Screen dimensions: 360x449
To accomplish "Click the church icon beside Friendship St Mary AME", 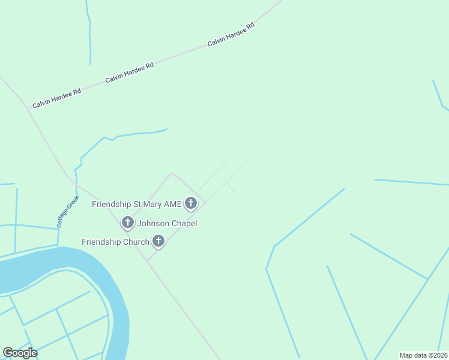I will point(191,204).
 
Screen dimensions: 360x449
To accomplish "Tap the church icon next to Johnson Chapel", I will point(127,223).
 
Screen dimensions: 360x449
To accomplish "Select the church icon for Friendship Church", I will point(158,242).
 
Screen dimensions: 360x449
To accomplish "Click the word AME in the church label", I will point(173,204).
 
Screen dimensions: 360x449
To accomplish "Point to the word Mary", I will point(152,204).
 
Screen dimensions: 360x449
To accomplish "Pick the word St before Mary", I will point(136,204).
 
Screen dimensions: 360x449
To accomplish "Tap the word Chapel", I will point(185,223).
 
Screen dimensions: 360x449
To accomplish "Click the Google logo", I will point(20,353).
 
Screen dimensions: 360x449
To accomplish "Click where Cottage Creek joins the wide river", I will point(58,247).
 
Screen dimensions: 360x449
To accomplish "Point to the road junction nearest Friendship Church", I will point(148,260).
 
